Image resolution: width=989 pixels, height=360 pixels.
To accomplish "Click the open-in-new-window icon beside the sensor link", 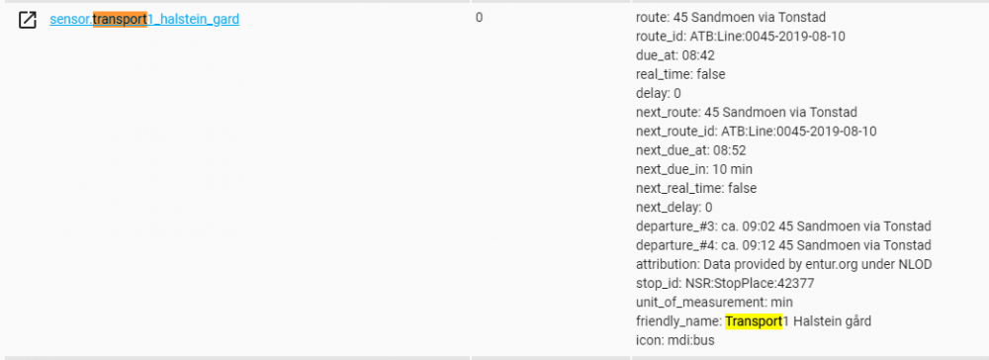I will [28, 19].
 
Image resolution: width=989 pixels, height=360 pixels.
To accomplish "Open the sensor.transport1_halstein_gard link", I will [144, 19].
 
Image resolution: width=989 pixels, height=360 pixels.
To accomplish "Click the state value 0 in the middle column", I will [479, 18].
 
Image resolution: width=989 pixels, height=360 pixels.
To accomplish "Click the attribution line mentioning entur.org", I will [783, 264].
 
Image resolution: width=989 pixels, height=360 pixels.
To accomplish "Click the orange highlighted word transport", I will [119, 19].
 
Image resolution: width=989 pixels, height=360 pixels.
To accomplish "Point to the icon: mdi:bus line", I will [674, 340].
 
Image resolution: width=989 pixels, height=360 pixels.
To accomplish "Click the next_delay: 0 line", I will [674, 207].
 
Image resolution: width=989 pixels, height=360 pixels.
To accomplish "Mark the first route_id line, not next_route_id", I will [740, 37].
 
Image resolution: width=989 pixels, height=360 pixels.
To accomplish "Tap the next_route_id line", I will [756, 131].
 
